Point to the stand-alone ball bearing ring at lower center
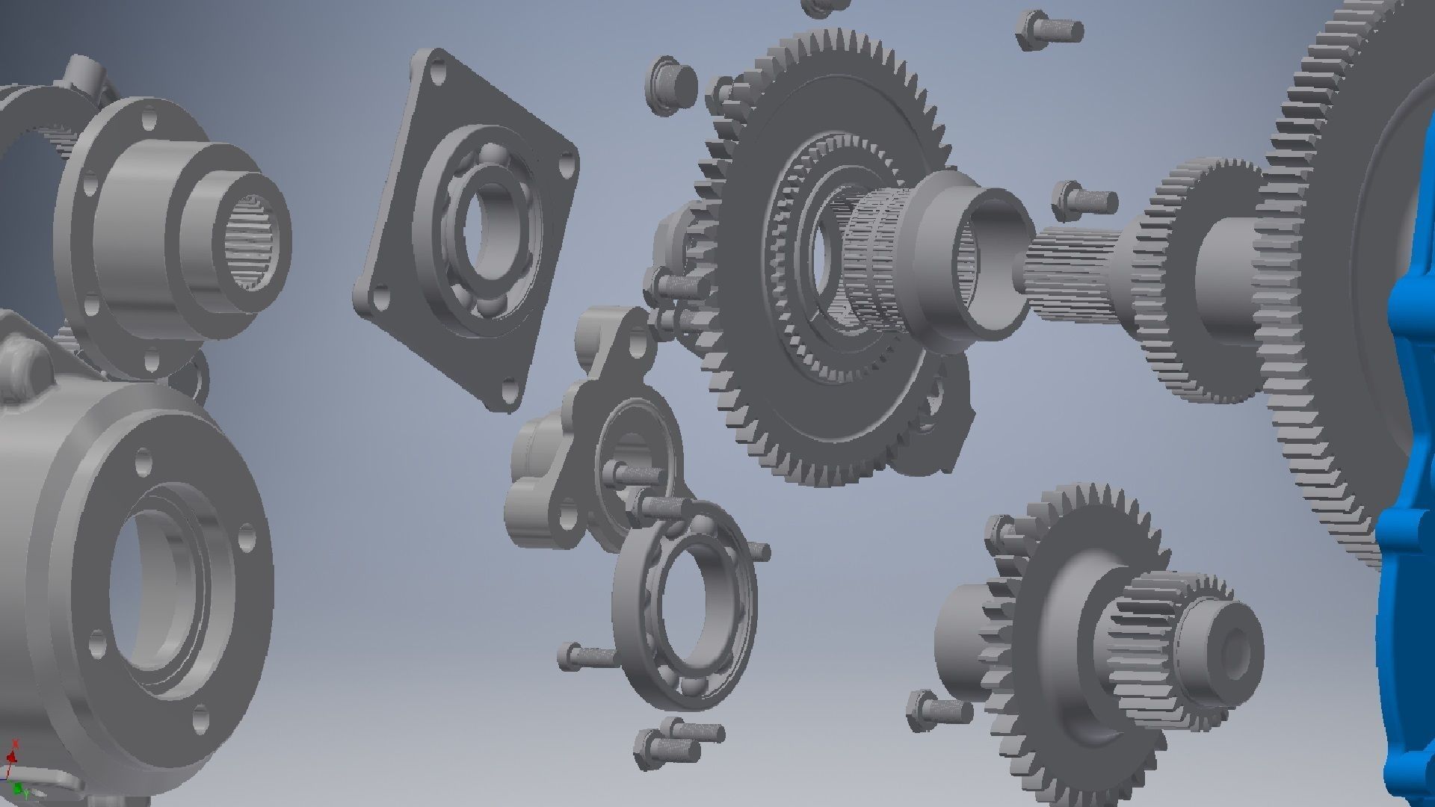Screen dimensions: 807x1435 (x=684, y=605)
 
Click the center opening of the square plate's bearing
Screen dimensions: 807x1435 (x=490, y=224)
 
